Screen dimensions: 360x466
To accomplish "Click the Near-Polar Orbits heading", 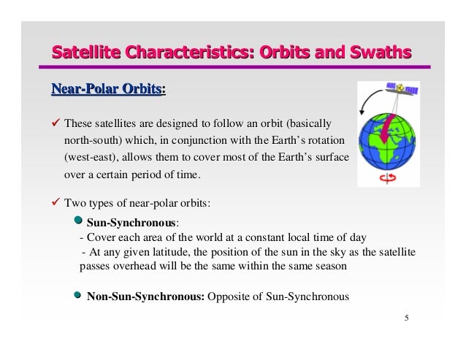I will (x=107, y=90).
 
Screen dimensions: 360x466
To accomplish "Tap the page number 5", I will (x=406, y=318).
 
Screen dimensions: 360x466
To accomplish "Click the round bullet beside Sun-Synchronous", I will (x=80, y=221).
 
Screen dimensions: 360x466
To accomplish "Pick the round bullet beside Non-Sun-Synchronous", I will (x=80, y=296).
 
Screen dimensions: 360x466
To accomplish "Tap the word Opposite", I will (x=229, y=296).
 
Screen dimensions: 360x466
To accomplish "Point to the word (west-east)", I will (x=90, y=158).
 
